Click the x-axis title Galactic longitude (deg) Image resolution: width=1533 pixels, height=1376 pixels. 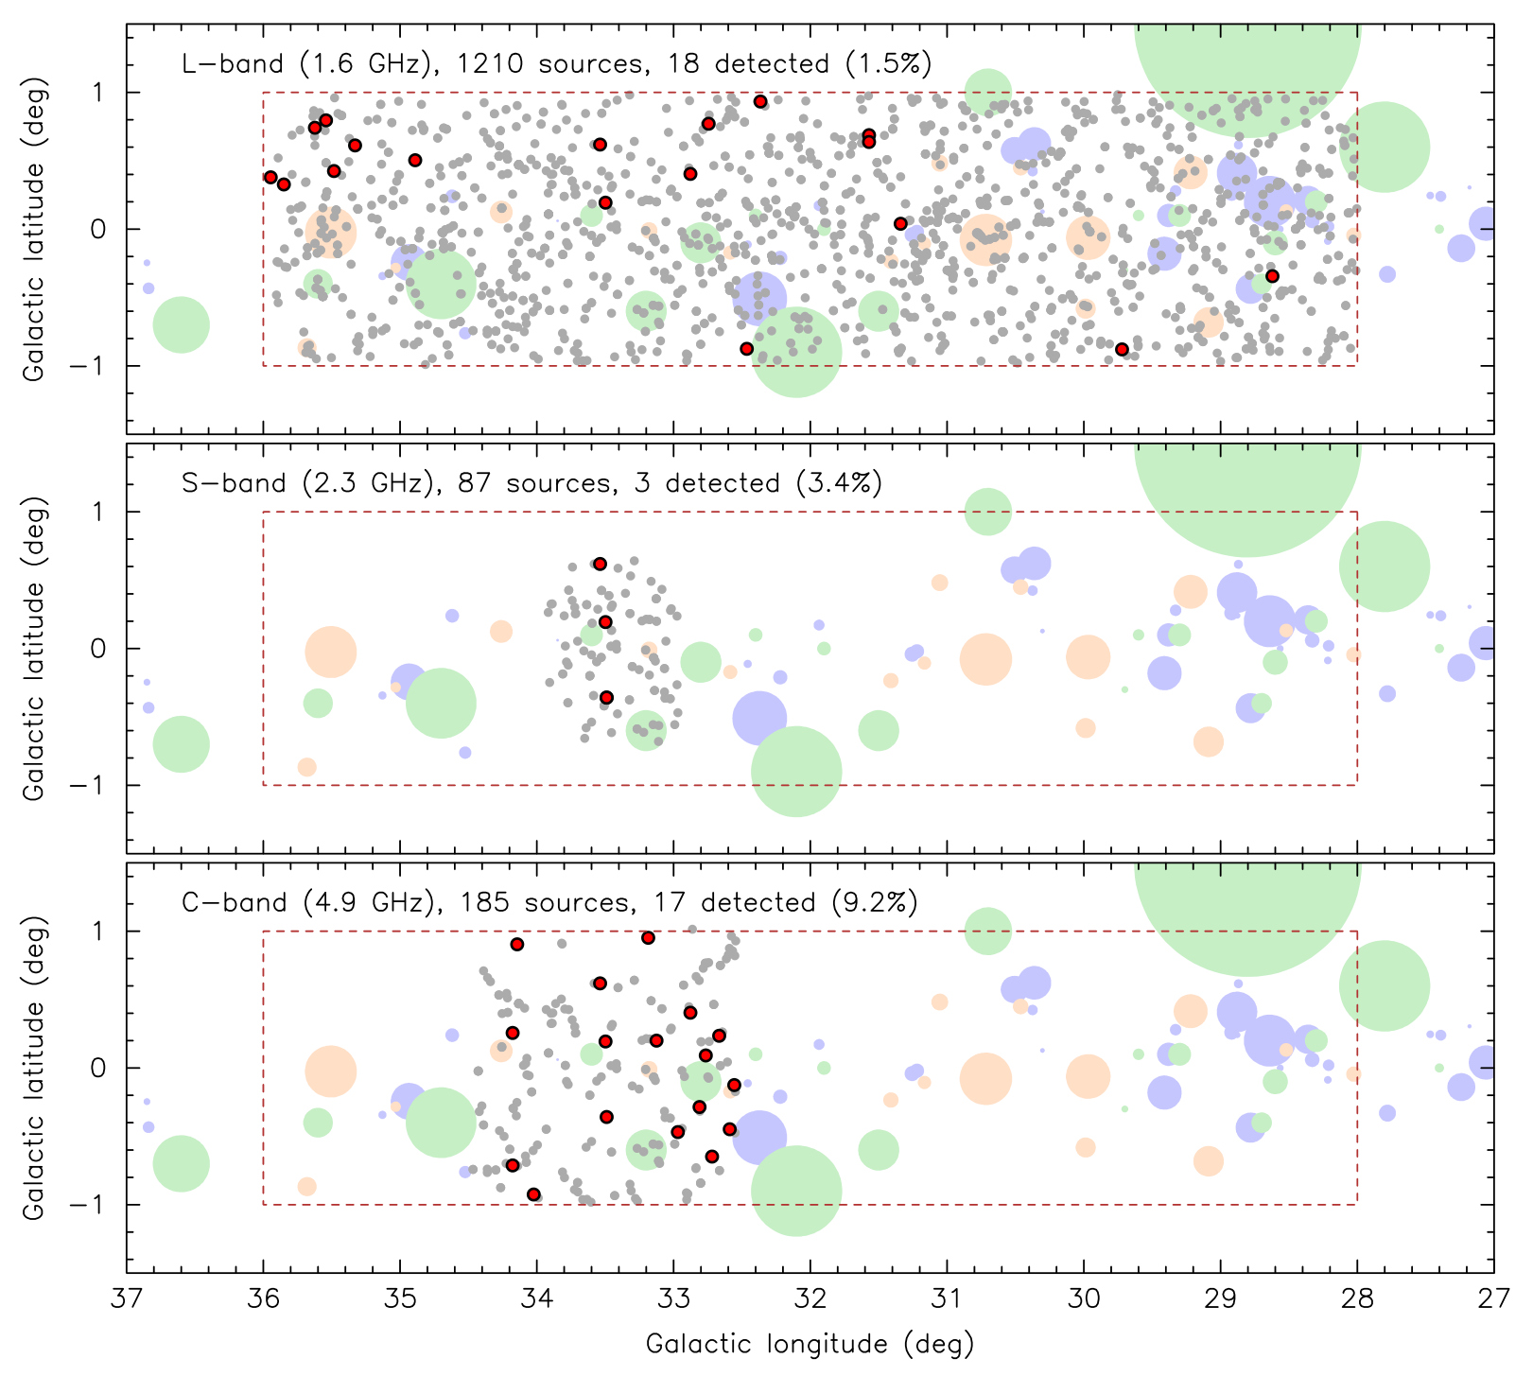810,1344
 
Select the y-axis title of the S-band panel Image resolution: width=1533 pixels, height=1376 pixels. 34,648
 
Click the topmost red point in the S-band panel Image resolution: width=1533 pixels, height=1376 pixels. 600,564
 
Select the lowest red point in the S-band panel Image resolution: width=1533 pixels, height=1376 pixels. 606,697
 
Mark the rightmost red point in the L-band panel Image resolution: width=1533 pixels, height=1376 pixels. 1272,276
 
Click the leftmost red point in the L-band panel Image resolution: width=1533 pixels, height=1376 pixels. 270,177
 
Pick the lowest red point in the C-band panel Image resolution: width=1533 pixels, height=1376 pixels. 533,1194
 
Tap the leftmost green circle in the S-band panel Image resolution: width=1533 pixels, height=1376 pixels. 181,745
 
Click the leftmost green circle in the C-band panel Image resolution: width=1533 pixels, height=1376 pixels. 181,1164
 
